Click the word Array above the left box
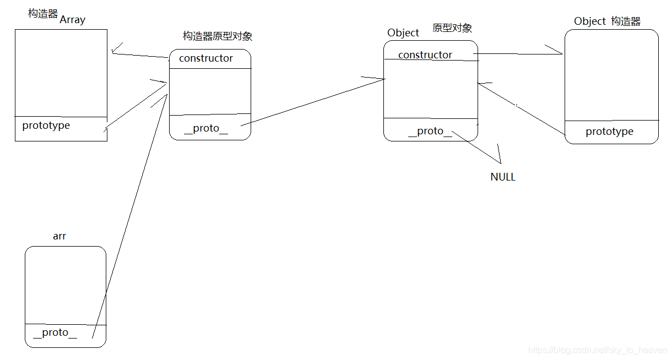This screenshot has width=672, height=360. click(x=72, y=20)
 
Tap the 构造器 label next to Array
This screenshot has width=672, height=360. click(x=43, y=13)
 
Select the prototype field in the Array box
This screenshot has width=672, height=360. click(x=46, y=126)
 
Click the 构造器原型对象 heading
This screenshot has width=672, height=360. click(x=218, y=36)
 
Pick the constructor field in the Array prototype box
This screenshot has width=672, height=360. click(x=206, y=58)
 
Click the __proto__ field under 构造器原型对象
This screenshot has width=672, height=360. click(x=205, y=128)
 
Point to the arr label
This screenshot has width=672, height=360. click(x=59, y=236)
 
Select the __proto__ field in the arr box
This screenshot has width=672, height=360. click(x=55, y=332)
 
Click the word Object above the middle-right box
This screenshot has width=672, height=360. click(x=403, y=33)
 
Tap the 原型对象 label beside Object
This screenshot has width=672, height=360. click(x=452, y=28)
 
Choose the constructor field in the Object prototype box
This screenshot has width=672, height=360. click(x=425, y=55)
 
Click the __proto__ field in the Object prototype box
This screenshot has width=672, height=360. click(x=430, y=131)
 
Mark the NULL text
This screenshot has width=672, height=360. click(x=503, y=177)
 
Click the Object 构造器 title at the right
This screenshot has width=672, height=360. click(x=607, y=21)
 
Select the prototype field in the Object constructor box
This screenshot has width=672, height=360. click(x=609, y=132)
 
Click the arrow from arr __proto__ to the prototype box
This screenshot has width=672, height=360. click(x=129, y=215)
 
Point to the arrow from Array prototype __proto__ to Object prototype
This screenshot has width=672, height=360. click(x=313, y=102)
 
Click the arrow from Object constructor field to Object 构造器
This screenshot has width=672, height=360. click(x=518, y=54)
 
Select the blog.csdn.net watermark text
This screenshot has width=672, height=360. click(x=598, y=350)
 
